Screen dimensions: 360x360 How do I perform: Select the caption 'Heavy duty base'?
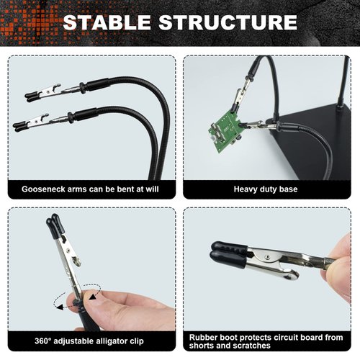[x=266, y=190]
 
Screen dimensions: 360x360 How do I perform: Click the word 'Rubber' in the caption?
[x=204, y=336]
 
